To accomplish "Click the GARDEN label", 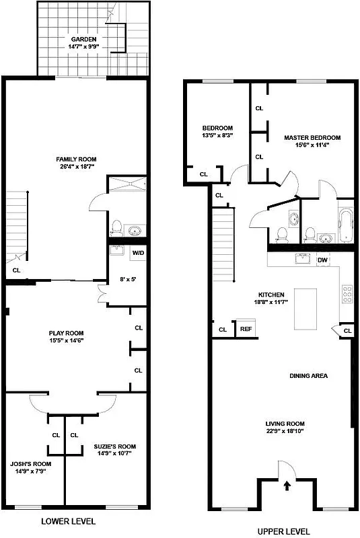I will [x=83, y=39].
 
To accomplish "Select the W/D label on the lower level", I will [x=138, y=253].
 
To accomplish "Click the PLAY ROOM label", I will [x=66, y=333].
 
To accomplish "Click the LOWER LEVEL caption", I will [x=69, y=521].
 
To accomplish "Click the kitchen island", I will [x=305, y=309].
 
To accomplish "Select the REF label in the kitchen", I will [x=245, y=330].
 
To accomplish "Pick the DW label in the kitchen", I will [x=322, y=259].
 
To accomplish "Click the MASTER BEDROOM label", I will [x=312, y=138].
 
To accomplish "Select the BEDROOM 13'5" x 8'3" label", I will [x=217, y=128].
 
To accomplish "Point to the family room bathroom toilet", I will [x=116, y=228].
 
